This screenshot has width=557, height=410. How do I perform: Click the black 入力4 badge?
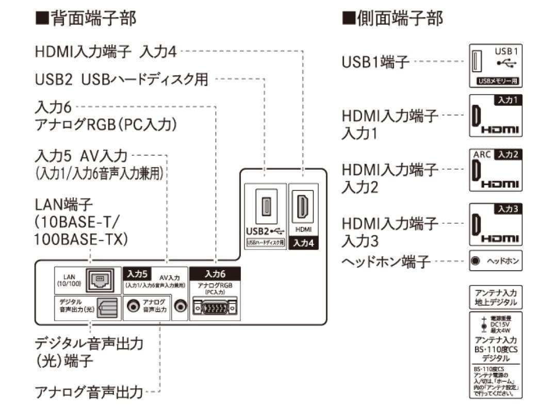[303, 242]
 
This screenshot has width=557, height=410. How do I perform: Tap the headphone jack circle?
[476, 261]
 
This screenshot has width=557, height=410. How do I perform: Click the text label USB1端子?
[375, 62]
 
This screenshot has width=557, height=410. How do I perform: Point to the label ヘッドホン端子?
[386, 261]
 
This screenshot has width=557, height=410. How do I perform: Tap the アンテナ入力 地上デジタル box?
[496, 297]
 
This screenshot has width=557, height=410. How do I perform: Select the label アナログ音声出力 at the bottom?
[89, 392]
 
